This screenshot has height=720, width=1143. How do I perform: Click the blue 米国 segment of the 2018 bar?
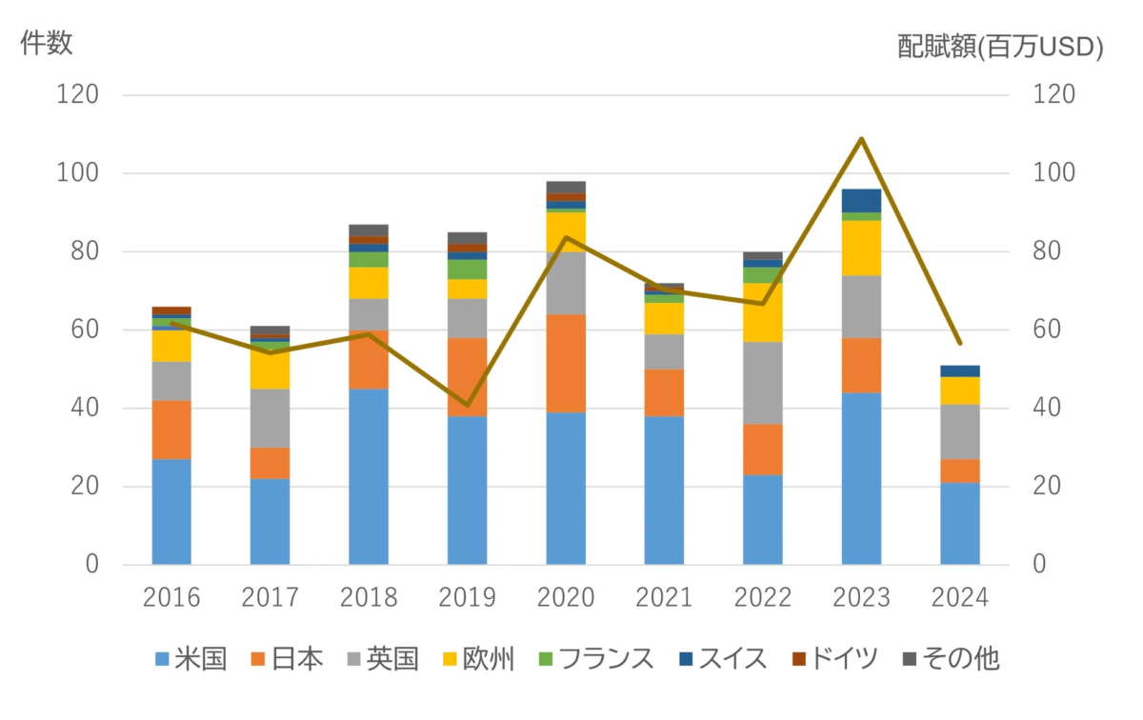pos(369,476)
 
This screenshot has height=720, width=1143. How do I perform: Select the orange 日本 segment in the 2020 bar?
pos(566,363)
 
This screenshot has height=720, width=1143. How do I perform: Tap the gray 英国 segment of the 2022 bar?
pos(763,383)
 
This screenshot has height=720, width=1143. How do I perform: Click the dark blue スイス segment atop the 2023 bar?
pos(861,200)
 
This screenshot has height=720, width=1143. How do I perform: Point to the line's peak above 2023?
pos(861,139)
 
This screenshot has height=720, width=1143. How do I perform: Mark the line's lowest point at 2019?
pos(467,405)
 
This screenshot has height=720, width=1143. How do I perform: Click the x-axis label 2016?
pos(171,598)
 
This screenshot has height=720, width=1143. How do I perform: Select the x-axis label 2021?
pos(664,598)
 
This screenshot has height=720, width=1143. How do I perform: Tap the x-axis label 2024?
pos(959,598)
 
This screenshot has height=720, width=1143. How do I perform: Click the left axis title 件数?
pos(47,44)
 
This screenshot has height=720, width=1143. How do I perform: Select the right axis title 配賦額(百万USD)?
pos(1000,48)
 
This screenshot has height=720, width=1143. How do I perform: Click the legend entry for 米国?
pos(191,659)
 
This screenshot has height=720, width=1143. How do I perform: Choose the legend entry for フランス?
pos(595,659)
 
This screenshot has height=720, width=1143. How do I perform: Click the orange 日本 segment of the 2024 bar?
pos(959,470)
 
